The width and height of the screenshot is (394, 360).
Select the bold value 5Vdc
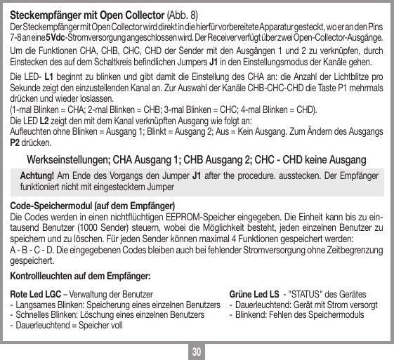click(56, 36)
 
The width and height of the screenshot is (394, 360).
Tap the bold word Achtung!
click(39, 175)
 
